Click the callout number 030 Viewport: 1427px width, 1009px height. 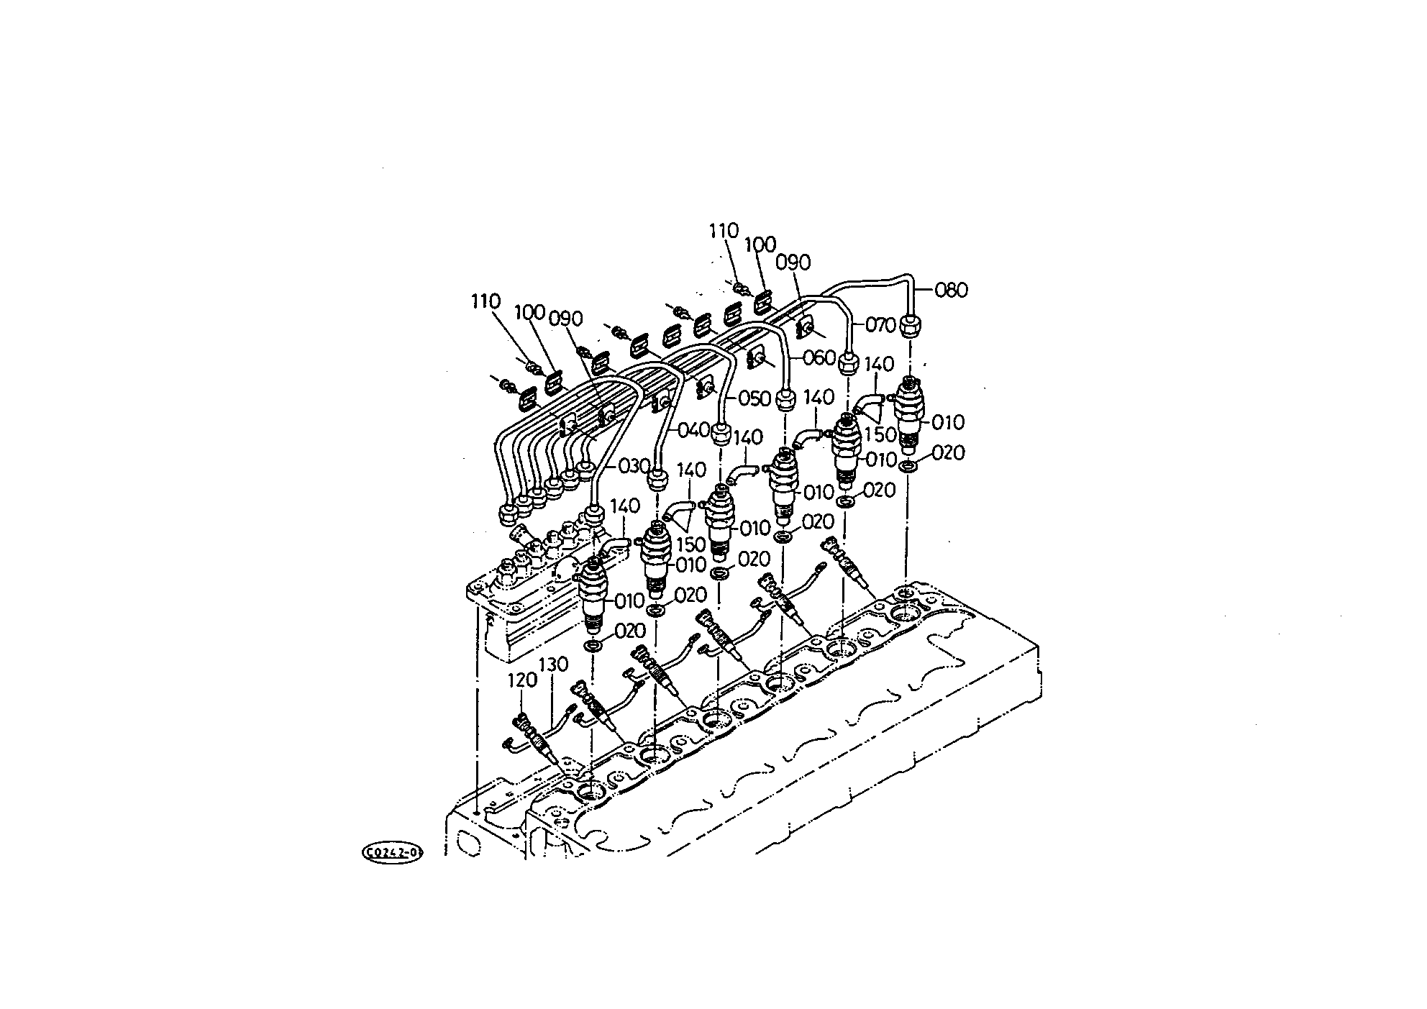633,466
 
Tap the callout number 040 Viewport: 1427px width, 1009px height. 693,431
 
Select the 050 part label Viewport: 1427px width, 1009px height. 754,398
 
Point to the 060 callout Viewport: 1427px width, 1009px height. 820,357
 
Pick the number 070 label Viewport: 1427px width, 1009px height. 881,325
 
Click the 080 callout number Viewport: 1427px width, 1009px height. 952,291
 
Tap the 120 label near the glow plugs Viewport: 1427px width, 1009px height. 523,680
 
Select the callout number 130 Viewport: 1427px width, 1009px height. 554,664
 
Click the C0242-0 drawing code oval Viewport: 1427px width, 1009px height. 392,853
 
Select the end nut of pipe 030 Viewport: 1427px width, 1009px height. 594,515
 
